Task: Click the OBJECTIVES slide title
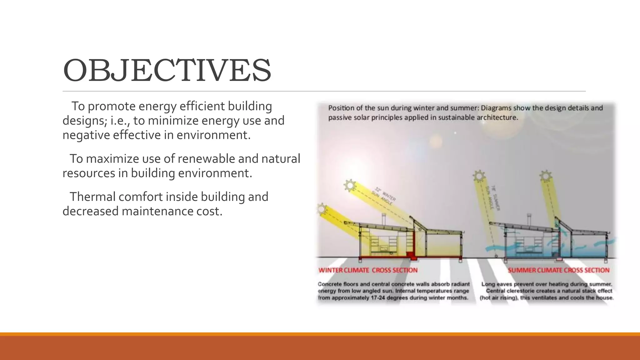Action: (x=167, y=71)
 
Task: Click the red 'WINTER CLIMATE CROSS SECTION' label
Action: (x=368, y=270)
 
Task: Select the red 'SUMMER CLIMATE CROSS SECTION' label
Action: (x=558, y=270)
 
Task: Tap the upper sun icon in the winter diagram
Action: (x=350, y=185)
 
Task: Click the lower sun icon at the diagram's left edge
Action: (x=322, y=209)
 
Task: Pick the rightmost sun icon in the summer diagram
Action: (x=546, y=176)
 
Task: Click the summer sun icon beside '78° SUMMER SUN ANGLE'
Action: (x=479, y=176)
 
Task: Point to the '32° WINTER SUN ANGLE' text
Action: (x=384, y=196)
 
